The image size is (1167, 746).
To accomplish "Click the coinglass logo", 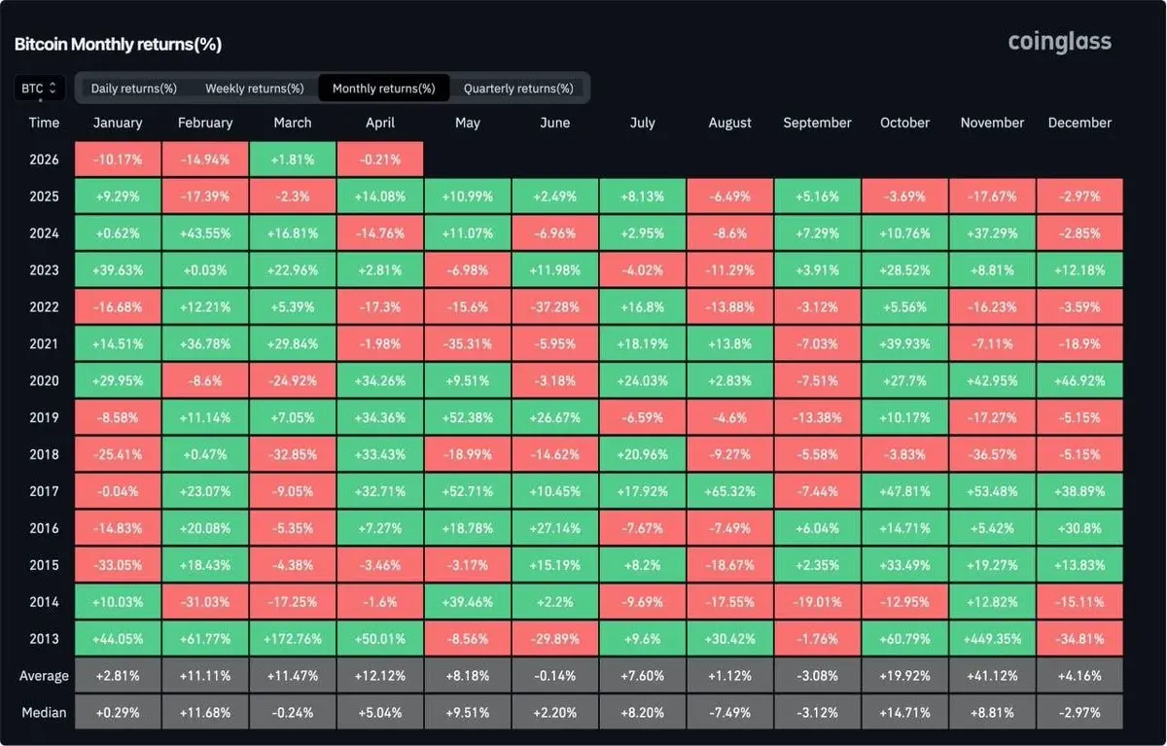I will coord(1059,42).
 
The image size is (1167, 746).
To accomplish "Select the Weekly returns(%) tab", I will coord(254,89).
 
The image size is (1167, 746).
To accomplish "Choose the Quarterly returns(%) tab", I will coord(518,89).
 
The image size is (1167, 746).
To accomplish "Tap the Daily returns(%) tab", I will coord(134,89).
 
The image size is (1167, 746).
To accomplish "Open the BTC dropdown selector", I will coord(40,89).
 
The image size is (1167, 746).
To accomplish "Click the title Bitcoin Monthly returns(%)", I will coord(118,45).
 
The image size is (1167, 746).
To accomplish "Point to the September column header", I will coord(817,123).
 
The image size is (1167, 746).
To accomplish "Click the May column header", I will coord(468,123).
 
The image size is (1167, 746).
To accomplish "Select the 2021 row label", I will coord(44,343).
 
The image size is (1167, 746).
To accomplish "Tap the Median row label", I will coord(44,713).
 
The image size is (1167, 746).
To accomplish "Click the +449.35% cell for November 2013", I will coord(992,639).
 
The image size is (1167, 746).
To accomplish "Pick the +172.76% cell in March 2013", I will coord(293,639).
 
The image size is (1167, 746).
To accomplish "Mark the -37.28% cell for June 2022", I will coord(555,306).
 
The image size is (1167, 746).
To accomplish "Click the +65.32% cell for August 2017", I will coord(729,491).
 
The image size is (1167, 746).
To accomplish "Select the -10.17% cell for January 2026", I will coord(118,160).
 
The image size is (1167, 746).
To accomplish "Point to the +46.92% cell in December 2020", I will coord(1079,380).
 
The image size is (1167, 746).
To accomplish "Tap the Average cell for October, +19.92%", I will coord(904,676).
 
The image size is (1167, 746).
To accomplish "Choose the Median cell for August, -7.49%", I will coord(729,713).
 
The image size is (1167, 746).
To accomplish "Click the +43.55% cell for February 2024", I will coord(205,232).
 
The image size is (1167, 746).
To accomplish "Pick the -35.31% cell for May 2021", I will coord(468,343).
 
